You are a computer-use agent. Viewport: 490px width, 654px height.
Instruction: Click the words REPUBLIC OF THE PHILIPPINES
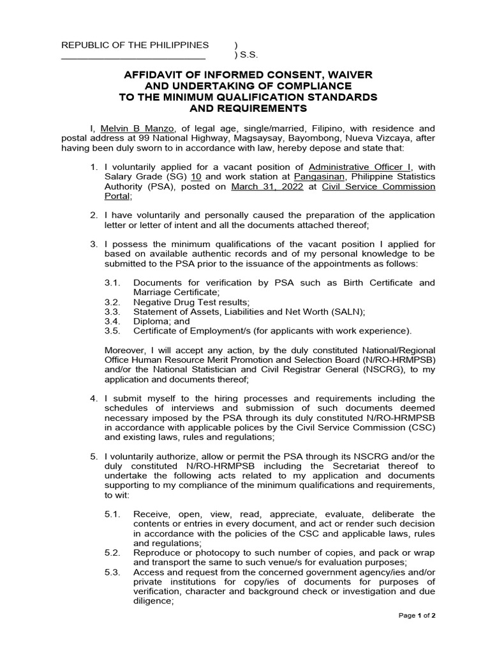[x=135, y=45]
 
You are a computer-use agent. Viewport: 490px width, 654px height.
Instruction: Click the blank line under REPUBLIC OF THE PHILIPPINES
[x=124, y=58]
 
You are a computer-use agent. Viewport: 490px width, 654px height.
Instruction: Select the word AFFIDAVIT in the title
[x=163, y=75]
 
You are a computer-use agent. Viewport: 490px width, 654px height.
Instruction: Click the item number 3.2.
[x=112, y=302]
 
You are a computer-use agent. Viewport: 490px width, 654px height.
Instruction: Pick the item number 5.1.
[x=112, y=514]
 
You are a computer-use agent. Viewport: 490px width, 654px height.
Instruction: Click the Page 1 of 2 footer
[x=417, y=616]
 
